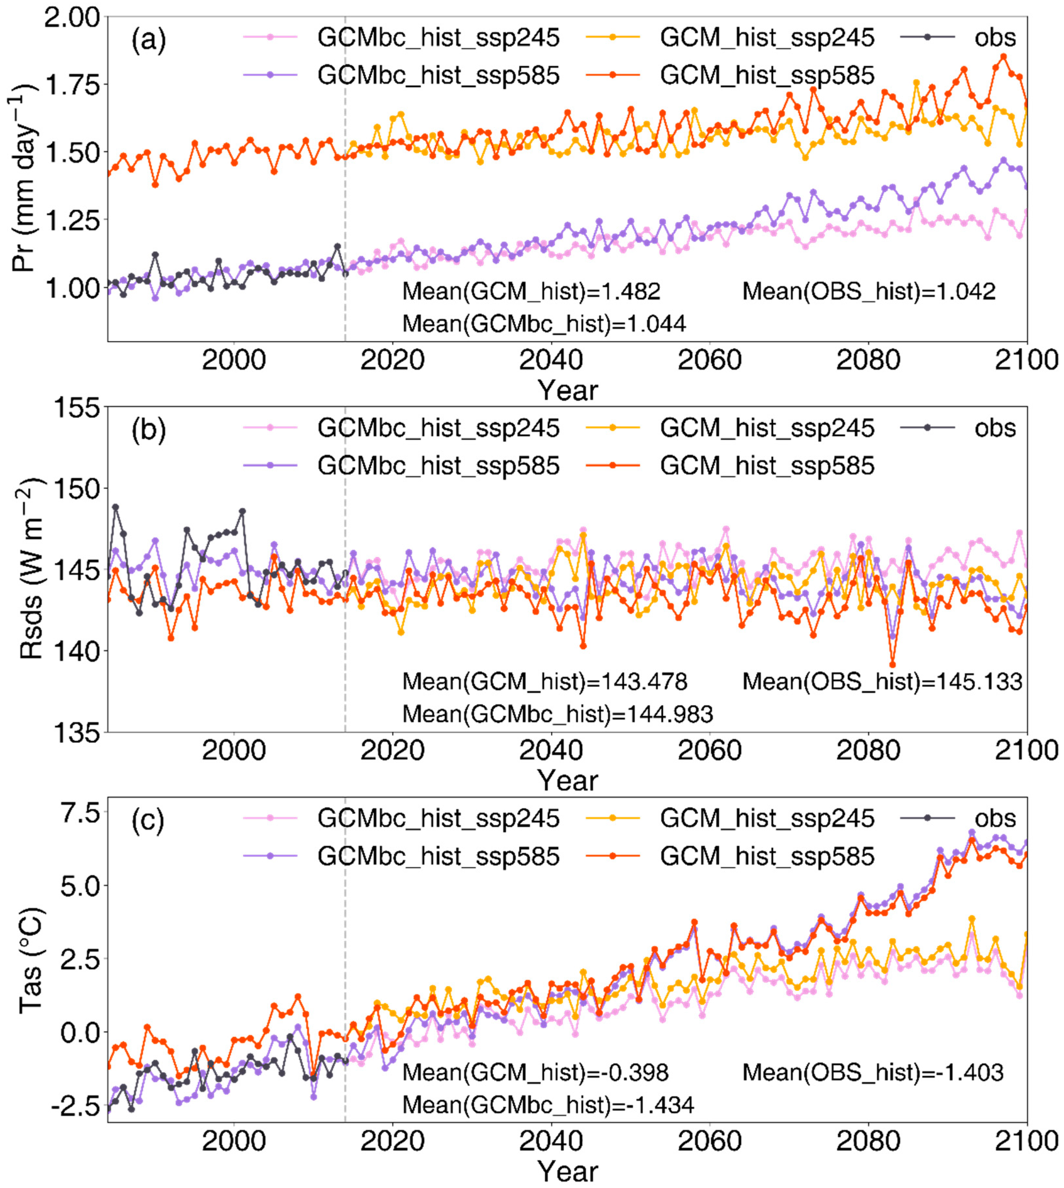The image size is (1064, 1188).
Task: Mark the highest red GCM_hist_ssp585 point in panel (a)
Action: [x=1003, y=57]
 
